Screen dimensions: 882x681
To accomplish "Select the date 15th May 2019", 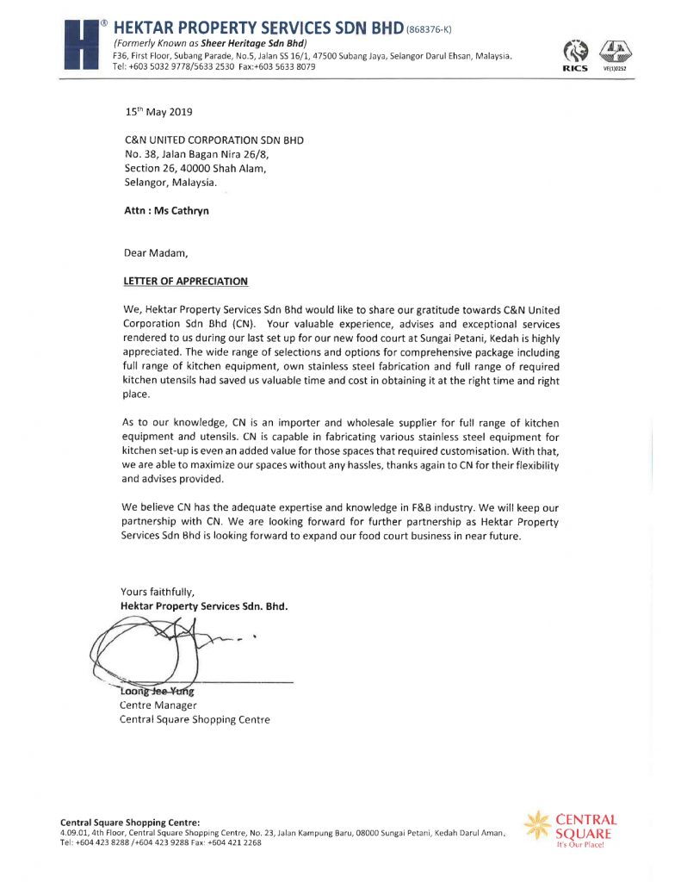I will tap(158, 112).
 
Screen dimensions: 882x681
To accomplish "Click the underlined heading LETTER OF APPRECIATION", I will tap(186, 281).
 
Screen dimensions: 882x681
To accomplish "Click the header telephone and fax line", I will tap(213, 67).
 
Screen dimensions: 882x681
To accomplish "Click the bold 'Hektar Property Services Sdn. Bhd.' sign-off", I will tap(203, 606).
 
